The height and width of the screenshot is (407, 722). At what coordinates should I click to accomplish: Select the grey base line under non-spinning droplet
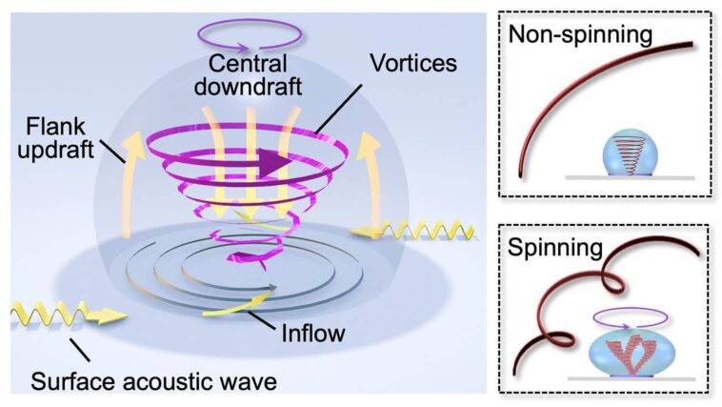point(629,178)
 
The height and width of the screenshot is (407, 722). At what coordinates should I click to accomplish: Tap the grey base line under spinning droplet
point(629,378)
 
